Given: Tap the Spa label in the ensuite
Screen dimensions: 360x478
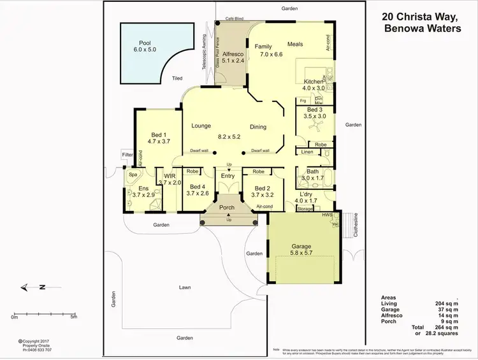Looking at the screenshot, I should click(x=133, y=175).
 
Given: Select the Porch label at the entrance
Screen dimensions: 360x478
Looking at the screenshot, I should click(x=227, y=207).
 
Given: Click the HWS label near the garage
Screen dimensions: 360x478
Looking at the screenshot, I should click(x=328, y=215).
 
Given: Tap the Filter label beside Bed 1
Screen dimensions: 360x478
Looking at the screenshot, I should click(x=127, y=154).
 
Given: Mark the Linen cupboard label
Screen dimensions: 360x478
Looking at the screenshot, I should click(x=307, y=152).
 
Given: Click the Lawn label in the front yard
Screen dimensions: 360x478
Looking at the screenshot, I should click(x=185, y=288).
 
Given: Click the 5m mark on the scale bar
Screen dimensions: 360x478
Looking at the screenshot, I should click(x=74, y=317).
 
